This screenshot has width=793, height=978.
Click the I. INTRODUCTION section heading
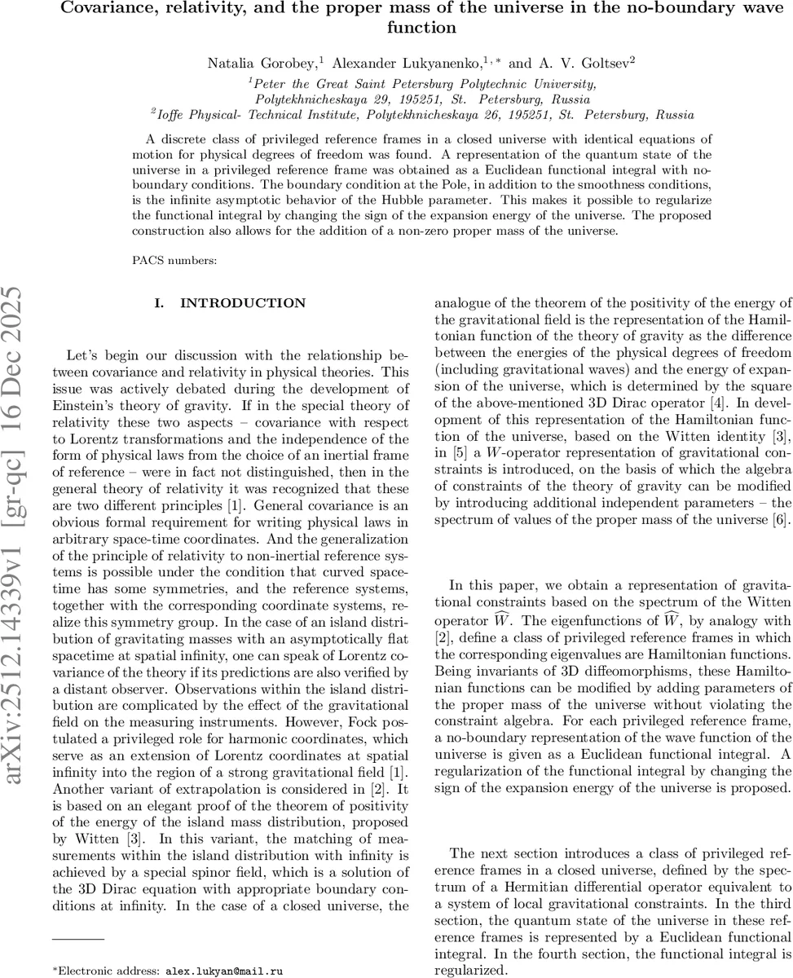(x=230, y=303)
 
